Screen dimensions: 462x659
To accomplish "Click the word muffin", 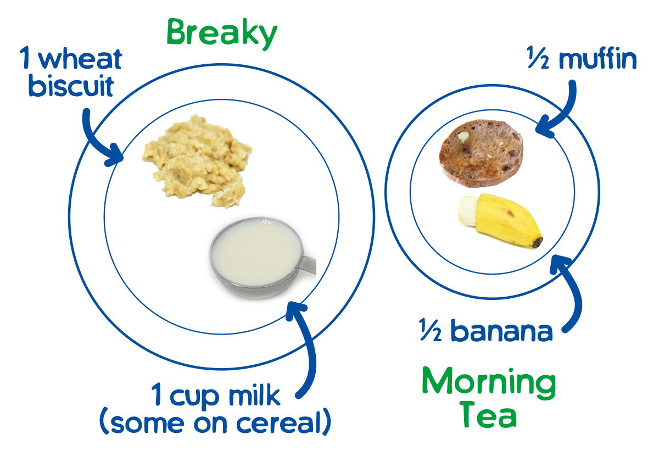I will point(597,59).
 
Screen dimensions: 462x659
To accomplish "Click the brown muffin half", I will point(481,151).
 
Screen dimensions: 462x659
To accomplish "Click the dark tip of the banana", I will point(538,241).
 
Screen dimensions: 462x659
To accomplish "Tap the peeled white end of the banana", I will point(467,211).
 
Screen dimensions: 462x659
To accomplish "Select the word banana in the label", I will point(501,331).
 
